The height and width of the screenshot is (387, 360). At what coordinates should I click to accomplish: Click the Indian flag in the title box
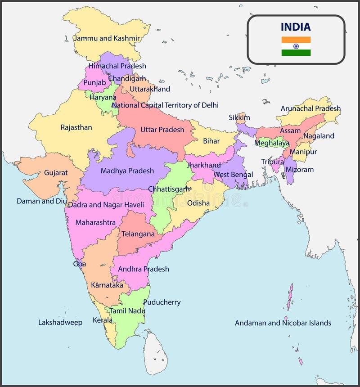click(296, 46)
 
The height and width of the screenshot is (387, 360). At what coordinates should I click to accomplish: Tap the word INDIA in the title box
click(296, 27)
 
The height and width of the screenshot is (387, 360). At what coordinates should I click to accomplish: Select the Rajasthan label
click(76, 127)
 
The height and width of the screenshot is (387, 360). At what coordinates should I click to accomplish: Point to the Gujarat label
click(56, 172)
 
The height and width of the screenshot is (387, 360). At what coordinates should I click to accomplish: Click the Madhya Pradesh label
click(127, 171)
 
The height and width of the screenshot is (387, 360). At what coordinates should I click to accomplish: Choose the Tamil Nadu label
click(127, 310)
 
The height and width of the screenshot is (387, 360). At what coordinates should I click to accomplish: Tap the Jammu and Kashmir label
click(107, 38)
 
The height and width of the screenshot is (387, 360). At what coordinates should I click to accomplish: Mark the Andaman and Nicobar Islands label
click(283, 323)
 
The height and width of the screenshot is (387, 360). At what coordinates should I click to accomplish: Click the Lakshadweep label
click(60, 322)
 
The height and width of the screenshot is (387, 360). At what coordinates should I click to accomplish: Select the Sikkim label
click(239, 117)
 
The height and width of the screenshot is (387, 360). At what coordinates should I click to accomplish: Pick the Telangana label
click(138, 234)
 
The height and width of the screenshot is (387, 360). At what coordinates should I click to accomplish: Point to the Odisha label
click(198, 203)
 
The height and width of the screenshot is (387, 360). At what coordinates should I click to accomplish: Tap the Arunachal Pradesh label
click(310, 108)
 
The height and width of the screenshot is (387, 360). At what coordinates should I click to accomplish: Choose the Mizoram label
click(299, 170)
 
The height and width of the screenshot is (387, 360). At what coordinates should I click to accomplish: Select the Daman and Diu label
click(41, 201)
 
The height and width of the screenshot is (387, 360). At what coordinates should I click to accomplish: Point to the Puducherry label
click(162, 302)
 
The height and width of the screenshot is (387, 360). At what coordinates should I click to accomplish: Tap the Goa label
click(80, 264)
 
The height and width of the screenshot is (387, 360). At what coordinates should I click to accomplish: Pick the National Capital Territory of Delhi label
click(165, 105)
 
